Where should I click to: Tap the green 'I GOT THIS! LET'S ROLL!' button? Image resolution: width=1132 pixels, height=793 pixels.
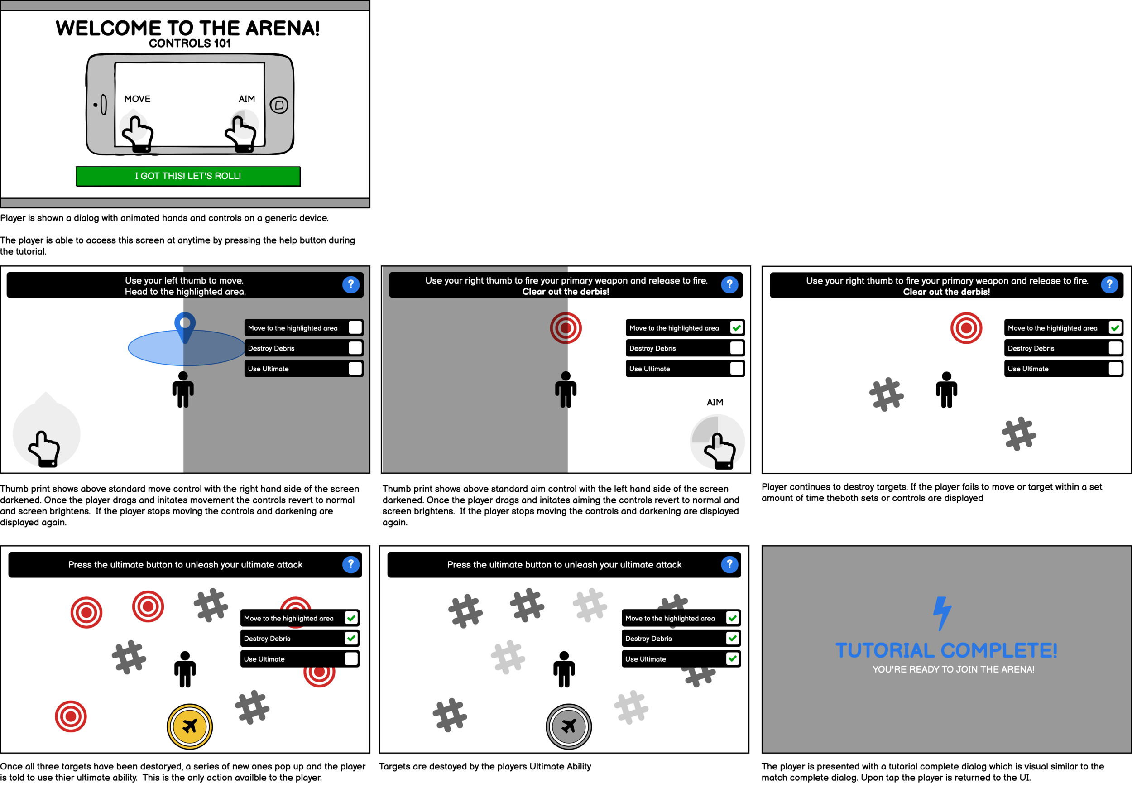188,176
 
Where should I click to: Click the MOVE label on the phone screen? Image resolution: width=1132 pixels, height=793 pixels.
137,99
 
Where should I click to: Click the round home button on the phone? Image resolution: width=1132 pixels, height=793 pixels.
279,105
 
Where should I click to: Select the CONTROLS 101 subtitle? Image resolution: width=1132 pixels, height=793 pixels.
190,43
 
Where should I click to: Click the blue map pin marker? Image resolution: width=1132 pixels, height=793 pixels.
185,326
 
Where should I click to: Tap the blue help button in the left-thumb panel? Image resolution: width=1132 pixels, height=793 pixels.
350,284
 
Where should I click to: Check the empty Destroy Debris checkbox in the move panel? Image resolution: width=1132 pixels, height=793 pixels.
355,348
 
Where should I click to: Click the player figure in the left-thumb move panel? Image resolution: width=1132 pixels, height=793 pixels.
183,389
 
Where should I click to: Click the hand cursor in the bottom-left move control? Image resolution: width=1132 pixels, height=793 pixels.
44,449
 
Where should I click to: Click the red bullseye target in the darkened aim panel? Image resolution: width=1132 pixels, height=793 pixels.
566,328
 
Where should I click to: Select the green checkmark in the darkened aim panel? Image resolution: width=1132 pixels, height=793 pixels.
737,328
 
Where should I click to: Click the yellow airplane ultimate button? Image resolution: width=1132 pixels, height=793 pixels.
190,726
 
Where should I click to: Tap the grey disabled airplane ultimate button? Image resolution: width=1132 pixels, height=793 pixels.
568,726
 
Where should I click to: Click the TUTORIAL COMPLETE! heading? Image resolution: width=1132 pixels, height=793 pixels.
946,650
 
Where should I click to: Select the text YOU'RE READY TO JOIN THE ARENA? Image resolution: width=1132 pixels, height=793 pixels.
953,669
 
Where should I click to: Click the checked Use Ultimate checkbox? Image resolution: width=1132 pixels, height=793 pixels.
733,659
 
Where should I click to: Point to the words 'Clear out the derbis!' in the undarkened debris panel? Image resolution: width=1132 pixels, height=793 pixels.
946,292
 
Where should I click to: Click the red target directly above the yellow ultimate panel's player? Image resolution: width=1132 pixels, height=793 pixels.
148,606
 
